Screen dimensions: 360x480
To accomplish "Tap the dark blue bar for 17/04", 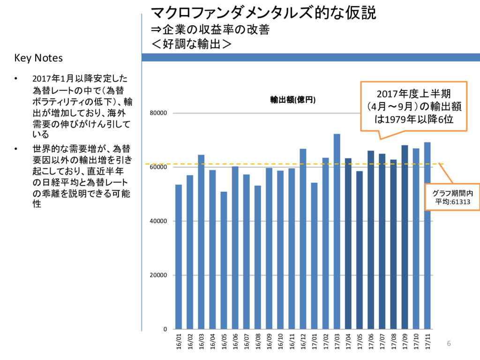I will [348, 243].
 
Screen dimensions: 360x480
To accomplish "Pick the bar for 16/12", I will [303, 239].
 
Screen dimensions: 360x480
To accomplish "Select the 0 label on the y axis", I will [165, 329].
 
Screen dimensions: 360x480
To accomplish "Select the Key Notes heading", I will [38, 58].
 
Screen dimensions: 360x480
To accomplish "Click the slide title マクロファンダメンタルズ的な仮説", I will [263, 13].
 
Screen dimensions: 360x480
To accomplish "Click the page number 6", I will [448, 344].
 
